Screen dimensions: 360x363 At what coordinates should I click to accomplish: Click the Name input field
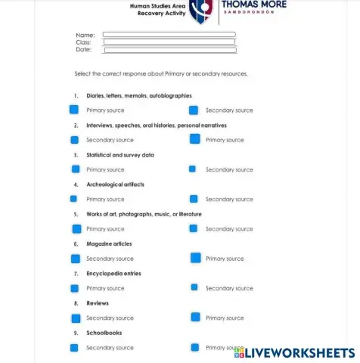(169, 35)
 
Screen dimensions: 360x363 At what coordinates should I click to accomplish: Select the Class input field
(169, 42)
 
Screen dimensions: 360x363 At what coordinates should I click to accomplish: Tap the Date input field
(169, 50)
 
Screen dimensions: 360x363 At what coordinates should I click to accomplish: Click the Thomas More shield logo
(201, 11)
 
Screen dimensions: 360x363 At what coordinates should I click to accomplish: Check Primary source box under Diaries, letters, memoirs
(75, 110)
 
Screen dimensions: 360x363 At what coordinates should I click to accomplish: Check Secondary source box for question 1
(194, 110)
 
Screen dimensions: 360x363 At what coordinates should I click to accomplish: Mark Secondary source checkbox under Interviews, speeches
(75, 140)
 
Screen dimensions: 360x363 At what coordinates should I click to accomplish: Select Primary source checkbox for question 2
(194, 139)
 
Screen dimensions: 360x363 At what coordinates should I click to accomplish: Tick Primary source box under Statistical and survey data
(76, 169)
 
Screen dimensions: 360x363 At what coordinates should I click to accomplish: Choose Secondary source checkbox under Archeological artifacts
(194, 199)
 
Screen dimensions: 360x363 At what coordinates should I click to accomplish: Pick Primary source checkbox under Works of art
(76, 228)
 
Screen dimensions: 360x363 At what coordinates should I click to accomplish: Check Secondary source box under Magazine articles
(75, 259)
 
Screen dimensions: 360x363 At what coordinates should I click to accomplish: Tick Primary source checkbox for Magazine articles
(195, 258)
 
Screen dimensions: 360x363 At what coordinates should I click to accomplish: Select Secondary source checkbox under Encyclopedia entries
(194, 287)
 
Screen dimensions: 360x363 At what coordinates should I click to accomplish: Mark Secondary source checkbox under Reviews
(75, 318)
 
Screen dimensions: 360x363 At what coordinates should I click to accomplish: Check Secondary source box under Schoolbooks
(74, 348)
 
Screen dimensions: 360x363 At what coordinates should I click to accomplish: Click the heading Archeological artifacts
(115, 185)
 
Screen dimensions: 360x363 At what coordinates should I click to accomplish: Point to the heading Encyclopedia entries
(113, 274)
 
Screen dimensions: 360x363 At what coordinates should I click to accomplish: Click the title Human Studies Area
(157, 5)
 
